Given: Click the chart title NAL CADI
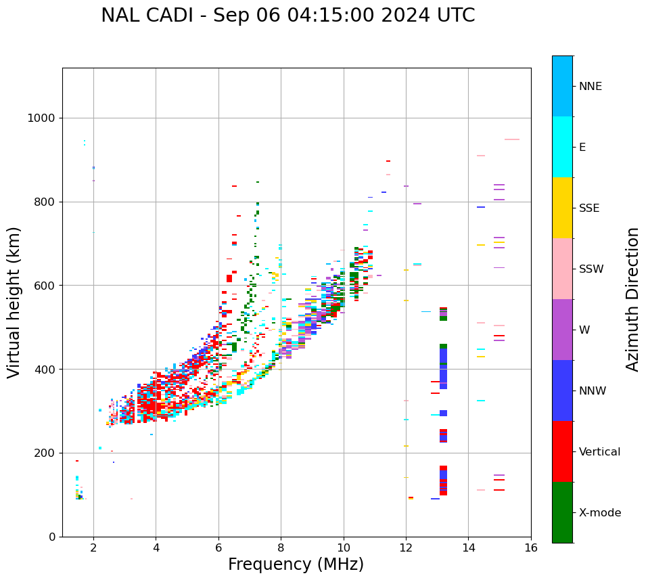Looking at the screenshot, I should pyautogui.click(x=287, y=16).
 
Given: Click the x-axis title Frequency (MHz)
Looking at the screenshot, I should pyautogui.click(x=296, y=564).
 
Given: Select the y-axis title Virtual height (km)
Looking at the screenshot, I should pyautogui.click(x=14, y=302).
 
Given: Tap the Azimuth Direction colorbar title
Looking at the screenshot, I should pyautogui.click(x=632, y=298).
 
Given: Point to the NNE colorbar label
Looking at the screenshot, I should pyautogui.click(x=590, y=87).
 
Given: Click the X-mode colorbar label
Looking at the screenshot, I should pyautogui.click(x=599, y=513).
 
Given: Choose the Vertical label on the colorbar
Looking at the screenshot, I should pyautogui.click(x=599, y=452).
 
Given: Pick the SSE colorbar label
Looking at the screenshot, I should pyautogui.click(x=588, y=208).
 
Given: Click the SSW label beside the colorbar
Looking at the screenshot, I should pyautogui.click(x=591, y=269).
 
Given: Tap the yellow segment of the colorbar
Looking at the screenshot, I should pyautogui.click(x=562, y=207).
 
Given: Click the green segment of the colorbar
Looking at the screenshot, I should pyautogui.click(x=562, y=512).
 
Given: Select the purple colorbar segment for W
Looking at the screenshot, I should pyautogui.click(x=562, y=329).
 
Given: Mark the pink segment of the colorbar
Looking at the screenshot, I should pyautogui.click(x=562, y=268).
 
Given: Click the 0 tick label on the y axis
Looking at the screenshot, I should pyautogui.click(x=51, y=537).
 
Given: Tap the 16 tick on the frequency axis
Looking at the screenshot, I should pyautogui.click(x=530, y=548).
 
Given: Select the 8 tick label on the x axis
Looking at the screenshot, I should pyautogui.click(x=281, y=548).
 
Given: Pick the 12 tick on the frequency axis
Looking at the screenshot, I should pyautogui.click(x=406, y=548).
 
